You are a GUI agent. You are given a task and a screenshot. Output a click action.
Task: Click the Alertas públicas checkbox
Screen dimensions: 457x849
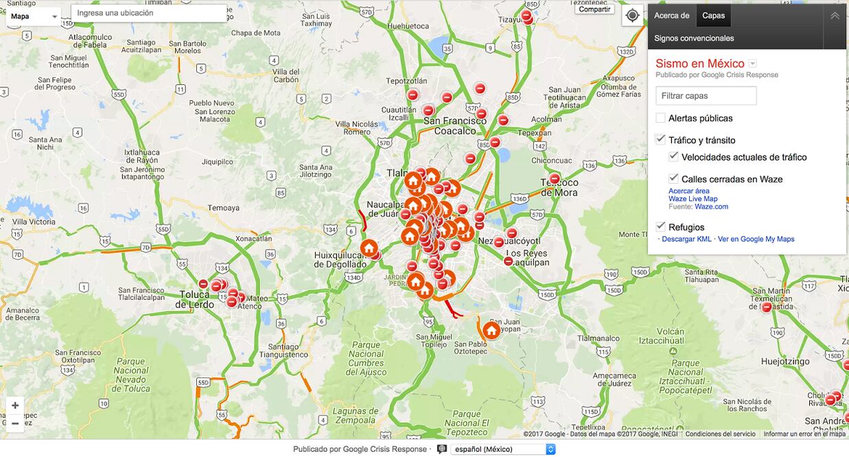pos(660,118)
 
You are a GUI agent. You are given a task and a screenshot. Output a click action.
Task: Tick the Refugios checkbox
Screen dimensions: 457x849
pos(660,226)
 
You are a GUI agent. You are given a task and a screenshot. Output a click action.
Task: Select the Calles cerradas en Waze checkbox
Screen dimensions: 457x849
pos(673,178)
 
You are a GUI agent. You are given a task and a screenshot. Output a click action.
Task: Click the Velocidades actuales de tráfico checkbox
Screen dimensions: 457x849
pos(673,156)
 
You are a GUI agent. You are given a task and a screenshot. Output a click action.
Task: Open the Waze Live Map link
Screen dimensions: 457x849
pos(693,199)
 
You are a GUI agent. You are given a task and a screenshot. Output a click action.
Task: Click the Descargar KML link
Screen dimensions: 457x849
pos(686,239)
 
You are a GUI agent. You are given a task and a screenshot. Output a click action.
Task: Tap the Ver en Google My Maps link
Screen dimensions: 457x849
pos(756,239)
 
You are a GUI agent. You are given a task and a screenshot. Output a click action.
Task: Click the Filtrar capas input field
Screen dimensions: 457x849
pos(706,96)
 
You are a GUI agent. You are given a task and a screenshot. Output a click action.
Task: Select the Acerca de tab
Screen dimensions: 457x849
pos(671,15)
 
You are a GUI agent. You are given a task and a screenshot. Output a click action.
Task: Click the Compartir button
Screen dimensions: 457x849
pos(594,9)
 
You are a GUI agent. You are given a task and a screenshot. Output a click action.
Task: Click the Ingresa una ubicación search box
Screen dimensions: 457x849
pos(149,13)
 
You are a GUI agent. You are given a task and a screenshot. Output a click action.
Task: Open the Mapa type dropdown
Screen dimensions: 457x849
pos(34,16)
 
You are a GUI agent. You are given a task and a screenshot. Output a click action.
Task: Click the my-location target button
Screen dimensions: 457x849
pos(632,15)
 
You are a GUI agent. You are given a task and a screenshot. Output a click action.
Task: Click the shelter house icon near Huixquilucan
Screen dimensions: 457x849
pos(369,248)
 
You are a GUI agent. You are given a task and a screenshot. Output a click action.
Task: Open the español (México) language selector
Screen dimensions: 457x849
pos(502,449)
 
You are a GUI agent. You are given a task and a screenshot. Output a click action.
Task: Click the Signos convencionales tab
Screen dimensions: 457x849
pos(694,38)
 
